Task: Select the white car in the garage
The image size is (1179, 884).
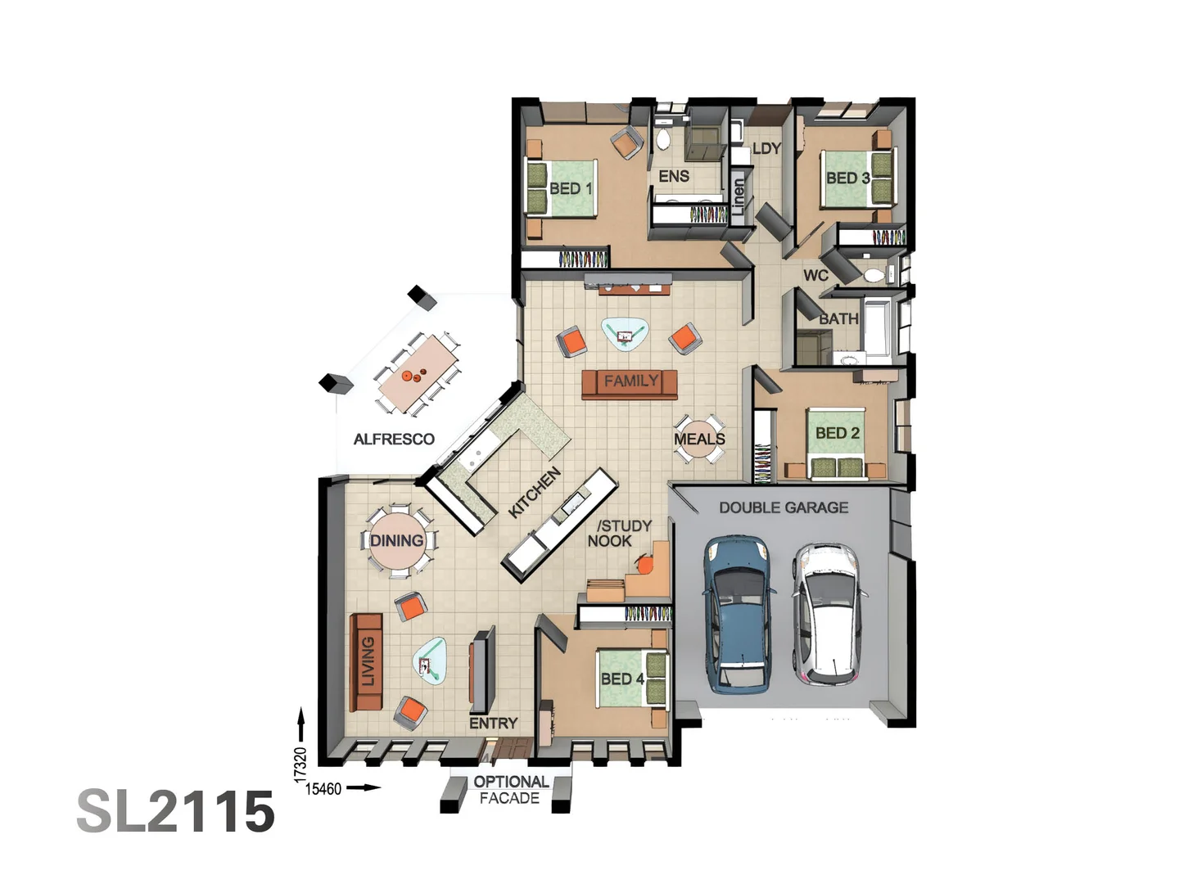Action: [x=825, y=614]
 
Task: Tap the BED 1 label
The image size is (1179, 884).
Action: [x=571, y=188]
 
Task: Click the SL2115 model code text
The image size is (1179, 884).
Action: [x=176, y=812]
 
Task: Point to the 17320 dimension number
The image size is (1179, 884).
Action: [x=300, y=762]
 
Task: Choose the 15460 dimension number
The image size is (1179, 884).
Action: [x=323, y=789]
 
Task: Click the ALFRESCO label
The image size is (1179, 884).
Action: [x=394, y=440]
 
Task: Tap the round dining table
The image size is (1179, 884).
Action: [x=398, y=541]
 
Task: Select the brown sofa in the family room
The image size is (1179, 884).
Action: [x=630, y=383]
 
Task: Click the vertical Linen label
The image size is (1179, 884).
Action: [x=739, y=197]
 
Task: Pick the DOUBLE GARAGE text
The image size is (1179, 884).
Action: [x=784, y=507]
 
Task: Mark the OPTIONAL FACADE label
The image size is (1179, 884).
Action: [x=510, y=790]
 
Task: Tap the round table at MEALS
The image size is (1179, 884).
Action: [x=700, y=438]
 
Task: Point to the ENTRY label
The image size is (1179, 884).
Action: [x=493, y=724]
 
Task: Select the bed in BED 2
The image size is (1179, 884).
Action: [x=837, y=443]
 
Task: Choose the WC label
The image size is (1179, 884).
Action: [x=815, y=275]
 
